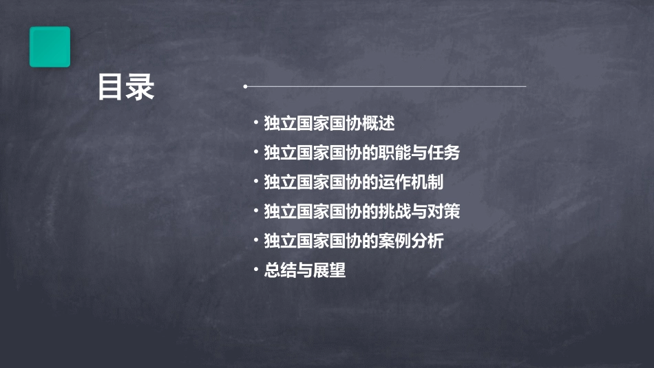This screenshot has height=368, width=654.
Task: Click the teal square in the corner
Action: click(x=50, y=47)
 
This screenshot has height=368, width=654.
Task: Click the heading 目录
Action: click(x=125, y=87)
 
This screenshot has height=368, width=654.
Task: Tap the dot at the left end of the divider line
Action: click(x=245, y=87)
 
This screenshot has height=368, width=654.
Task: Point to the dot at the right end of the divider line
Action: click(x=525, y=87)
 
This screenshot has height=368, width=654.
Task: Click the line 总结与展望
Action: click(x=304, y=270)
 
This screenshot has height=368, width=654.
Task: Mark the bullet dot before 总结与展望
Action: click(x=256, y=270)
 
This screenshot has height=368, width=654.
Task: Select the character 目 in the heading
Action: click(x=110, y=87)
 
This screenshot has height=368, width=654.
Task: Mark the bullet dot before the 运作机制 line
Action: click(x=256, y=182)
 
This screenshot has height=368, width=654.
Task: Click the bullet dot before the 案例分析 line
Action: click(x=256, y=240)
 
